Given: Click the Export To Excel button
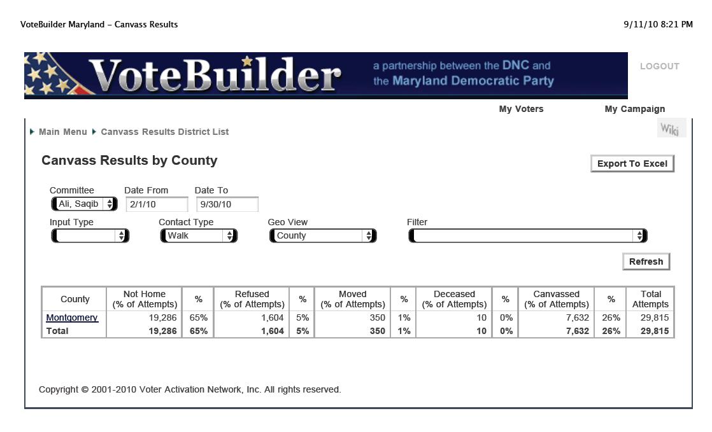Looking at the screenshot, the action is click(632, 164).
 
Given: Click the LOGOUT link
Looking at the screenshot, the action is click(660, 66).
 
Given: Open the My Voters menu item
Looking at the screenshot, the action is click(522, 109).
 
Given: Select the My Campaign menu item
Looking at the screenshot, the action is click(635, 109).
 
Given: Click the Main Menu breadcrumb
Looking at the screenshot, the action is click(62, 132).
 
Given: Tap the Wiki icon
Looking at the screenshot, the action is click(670, 129).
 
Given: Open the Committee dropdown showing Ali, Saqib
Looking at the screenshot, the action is click(84, 204).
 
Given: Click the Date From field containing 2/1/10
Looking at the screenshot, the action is click(157, 204).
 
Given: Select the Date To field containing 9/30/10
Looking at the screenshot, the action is click(227, 204).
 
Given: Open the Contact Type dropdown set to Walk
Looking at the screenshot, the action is click(199, 235).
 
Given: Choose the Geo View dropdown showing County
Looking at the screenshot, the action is click(323, 235).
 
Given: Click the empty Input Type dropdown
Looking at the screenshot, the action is click(90, 235).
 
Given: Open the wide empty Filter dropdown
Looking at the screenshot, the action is click(528, 235).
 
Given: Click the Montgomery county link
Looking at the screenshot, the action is click(72, 317).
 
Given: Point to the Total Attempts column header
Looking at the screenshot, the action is click(650, 299).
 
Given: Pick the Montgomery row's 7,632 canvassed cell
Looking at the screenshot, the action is click(577, 317).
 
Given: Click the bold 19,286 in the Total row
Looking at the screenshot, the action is click(162, 331).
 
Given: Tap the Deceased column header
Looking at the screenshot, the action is click(454, 299).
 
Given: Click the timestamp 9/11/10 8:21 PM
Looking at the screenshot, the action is click(658, 25).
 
